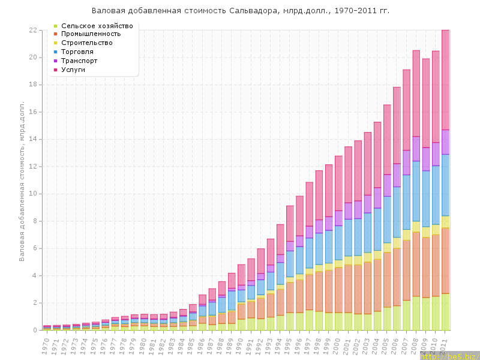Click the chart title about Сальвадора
240,11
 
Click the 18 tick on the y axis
32,85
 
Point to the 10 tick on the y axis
32,194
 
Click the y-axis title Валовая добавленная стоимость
22,180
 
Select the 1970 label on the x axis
46,344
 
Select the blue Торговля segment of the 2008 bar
416,191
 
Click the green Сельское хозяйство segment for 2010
436,313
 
